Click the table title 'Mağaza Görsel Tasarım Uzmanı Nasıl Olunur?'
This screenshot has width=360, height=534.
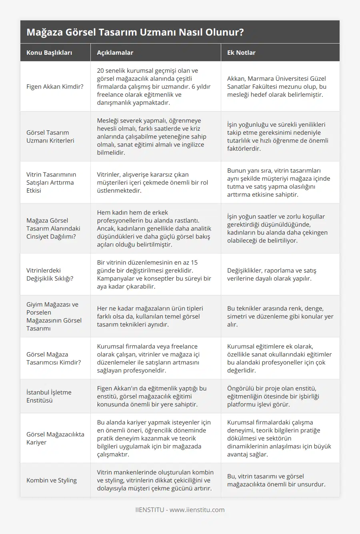(135, 32)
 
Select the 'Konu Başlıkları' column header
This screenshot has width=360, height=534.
(49, 52)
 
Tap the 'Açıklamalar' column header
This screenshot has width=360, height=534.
(115, 52)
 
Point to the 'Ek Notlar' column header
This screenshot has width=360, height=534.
(241, 52)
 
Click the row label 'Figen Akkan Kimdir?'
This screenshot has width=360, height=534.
(55, 86)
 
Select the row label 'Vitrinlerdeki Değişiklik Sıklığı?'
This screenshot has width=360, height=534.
(50, 274)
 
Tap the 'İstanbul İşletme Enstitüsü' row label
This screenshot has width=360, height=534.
(49, 396)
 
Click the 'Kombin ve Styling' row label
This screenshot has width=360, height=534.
(52, 480)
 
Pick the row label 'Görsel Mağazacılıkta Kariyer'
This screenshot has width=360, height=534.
(55, 438)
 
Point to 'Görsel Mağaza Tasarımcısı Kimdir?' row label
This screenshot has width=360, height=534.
(54, 358)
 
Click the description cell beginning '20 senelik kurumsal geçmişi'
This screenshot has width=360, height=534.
(154, 86)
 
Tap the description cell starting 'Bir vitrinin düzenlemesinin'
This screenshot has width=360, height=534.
(154, 274)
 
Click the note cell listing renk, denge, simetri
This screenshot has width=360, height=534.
(280, 316)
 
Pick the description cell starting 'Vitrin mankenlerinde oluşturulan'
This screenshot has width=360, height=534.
(155, 480)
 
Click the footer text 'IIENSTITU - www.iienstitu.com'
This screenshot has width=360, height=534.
(180, 510)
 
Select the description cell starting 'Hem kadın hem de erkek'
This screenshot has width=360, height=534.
(154, 228)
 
